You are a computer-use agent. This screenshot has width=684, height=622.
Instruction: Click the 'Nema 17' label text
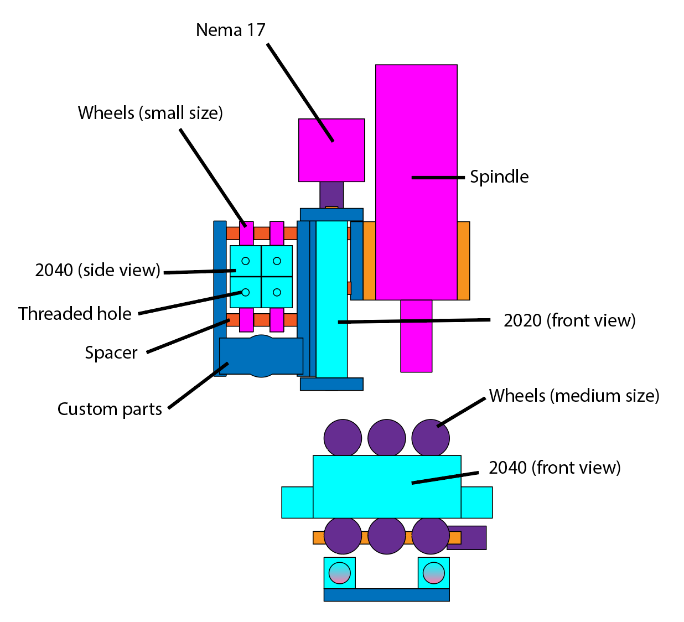231,30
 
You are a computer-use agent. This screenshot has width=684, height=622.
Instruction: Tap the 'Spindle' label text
499,177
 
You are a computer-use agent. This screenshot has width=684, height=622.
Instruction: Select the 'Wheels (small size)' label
151,113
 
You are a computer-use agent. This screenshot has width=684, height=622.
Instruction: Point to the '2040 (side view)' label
97,270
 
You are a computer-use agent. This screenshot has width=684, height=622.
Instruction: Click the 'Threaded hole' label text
75,314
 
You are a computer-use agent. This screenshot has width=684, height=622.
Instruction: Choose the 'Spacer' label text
111,353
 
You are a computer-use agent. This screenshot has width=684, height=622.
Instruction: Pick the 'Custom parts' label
110,409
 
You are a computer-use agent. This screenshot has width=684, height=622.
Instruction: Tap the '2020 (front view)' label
569,320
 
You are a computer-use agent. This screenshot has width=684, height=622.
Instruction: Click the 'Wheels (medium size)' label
574,396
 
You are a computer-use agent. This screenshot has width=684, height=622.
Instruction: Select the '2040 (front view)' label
555,468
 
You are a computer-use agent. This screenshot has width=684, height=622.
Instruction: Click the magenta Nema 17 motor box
331,150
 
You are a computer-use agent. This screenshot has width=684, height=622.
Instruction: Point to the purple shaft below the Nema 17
331,194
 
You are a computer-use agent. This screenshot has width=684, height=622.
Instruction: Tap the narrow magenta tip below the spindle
416,336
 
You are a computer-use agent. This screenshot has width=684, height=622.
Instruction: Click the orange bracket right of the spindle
464,261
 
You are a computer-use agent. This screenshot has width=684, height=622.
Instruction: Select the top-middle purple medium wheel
387,438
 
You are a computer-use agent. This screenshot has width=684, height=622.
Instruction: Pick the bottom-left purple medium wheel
343,536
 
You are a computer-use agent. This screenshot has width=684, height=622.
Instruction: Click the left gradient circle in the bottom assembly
340,573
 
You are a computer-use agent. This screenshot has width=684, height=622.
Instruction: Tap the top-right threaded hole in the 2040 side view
277,261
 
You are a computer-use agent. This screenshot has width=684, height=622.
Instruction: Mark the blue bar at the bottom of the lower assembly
386,595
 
